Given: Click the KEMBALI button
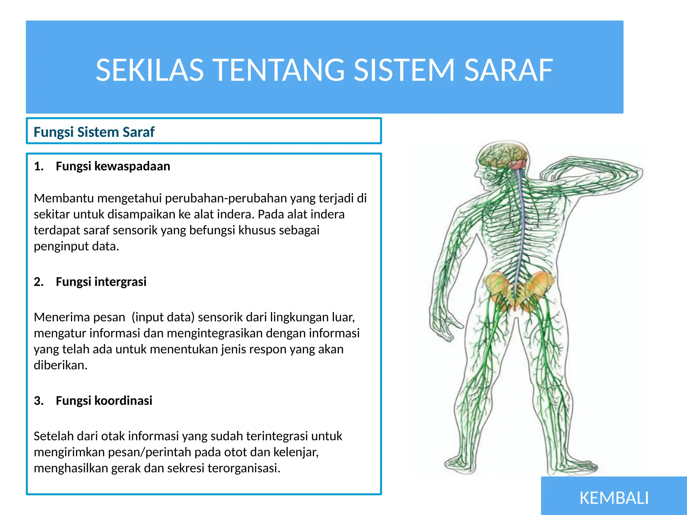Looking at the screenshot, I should tap(614, 498).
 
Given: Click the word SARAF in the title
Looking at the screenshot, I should tap(508, 70).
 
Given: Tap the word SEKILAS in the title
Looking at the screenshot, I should tap(150, 70).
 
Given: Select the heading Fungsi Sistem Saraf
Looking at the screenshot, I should tap(94, 132).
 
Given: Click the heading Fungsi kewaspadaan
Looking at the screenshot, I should tap(113, 166).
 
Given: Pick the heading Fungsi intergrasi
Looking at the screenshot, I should tap(101, 282).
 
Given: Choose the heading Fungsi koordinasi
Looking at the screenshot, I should tap(104, 400).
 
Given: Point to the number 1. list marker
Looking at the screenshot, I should tap(39, 166).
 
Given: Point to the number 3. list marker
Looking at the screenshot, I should tap(39, 400).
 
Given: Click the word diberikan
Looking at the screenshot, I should tap(60, 365).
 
